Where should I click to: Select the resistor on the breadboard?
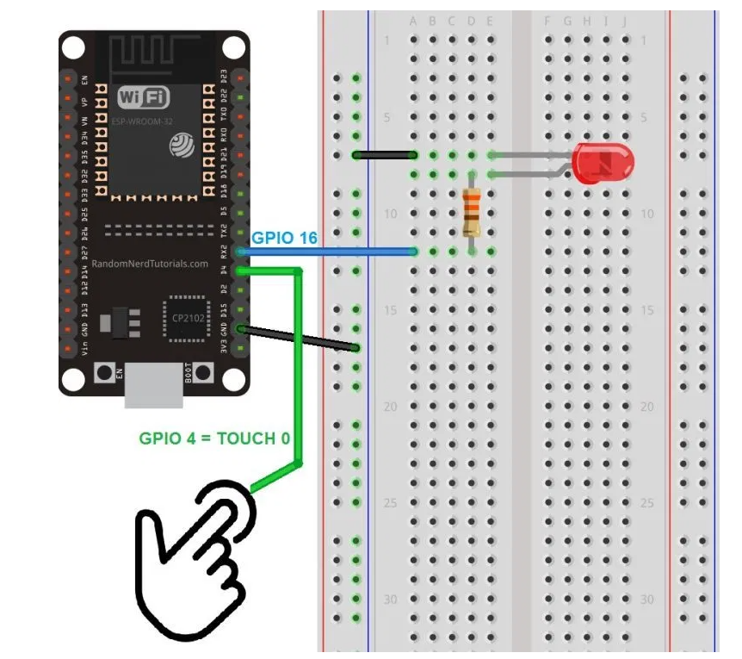click(471, 212)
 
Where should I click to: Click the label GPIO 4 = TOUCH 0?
click(213, 438)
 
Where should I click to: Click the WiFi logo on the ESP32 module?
click(143, 96)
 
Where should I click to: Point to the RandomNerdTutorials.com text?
click(151, 264)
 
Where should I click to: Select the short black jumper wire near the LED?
click(385, 155)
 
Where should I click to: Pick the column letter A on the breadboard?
click(414, 21)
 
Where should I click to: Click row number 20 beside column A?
click(391, 406)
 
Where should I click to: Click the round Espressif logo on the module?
click(182, 144)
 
